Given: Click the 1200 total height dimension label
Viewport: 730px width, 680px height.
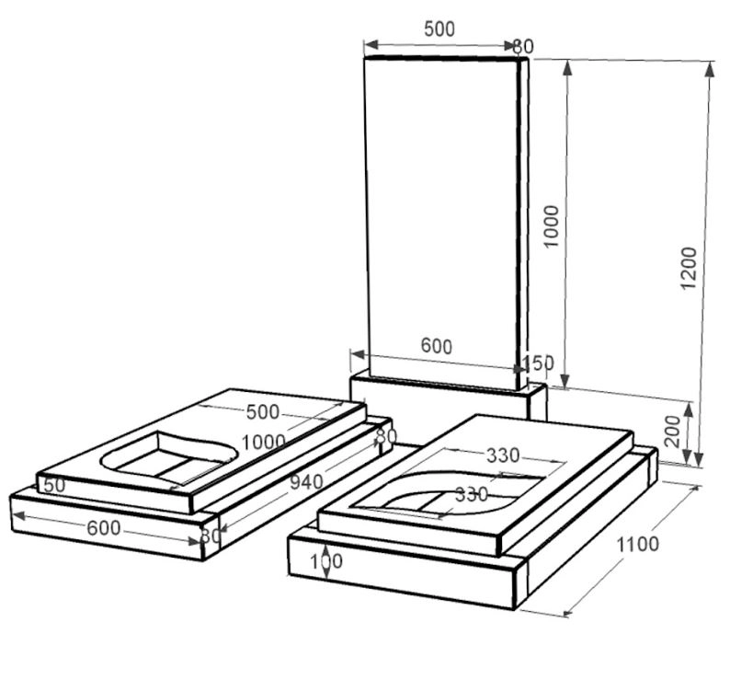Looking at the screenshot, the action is (x=688, y=268).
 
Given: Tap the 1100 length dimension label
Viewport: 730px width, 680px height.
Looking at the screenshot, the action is (x=638, y=544).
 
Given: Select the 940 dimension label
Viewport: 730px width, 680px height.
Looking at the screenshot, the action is (x=306, y=482).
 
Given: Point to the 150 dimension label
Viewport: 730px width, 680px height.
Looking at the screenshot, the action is (x=539, y=363).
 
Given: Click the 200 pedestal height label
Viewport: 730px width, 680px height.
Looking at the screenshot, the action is (x=673, y=432).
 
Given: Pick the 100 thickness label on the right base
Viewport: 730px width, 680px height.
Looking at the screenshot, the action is (x=326, y=561).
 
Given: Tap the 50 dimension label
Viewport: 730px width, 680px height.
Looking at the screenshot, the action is (x=54, y=485).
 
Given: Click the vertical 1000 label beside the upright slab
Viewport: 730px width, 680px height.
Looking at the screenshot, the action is (x=552, y=226).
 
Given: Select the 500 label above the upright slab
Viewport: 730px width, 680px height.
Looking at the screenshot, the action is (x=439, y=29).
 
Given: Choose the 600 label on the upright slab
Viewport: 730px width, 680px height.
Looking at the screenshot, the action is (x=436, y=346).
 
